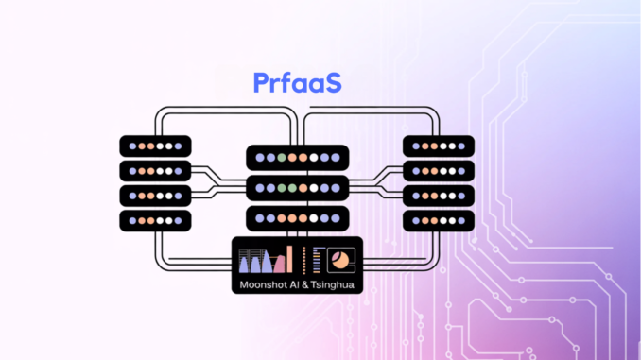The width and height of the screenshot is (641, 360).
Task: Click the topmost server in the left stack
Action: pyautogui.click(x=156, y=146)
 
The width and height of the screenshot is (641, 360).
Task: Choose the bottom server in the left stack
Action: pyautogui.click(x=156, y=220)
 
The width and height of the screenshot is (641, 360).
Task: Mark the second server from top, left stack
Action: pyautogui.click(x=156, y=171)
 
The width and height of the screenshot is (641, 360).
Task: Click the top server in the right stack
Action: pyautogui.click(x=439, y=146)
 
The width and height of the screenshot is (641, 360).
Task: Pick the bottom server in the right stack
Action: pyautogui.click(x=439, y=220)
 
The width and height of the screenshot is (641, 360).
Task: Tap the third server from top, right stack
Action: pyautogui.click(x=439, y=196)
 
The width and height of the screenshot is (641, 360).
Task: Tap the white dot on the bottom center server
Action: pyautogui.click(x=324, y=217)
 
